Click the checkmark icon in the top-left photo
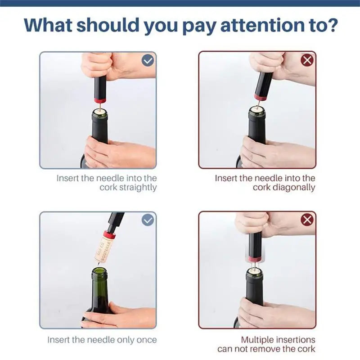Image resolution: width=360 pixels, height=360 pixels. point(148,60)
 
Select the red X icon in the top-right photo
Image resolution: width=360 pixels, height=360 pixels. point(307,60)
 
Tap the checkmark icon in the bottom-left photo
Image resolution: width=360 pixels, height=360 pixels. point(148,220)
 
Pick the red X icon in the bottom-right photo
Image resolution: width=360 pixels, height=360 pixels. point(307,220)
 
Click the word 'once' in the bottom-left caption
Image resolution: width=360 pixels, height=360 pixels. point(147,340)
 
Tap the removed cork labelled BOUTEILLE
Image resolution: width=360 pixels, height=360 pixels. point(103,247)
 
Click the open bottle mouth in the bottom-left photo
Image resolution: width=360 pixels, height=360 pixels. point(99,270)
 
